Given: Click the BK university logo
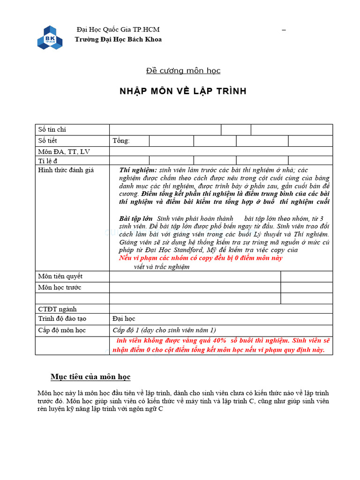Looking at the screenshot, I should pos(50,37).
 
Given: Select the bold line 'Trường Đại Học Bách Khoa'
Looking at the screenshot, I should pos(118,39).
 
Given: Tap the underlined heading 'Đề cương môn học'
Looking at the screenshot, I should pos(183,71).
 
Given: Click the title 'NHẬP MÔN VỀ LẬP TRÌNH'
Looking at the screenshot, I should pos(183,91).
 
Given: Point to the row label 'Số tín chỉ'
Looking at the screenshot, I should pos(55,129).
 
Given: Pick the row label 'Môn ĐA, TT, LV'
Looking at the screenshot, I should pos(63,151).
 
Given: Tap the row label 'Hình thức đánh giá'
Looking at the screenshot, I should pos(66,170).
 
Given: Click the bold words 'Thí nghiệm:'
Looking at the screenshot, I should pos(138,170).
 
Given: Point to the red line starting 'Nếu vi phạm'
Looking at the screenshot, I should pos(201,258).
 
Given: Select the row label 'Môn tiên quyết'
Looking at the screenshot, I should pos(60,276).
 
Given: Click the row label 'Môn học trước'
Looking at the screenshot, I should pos(60,287).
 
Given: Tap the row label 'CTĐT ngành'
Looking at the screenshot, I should pos(57,309).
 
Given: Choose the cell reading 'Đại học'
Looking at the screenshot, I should pos(124,319).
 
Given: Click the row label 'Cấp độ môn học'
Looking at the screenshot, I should pos(62,330).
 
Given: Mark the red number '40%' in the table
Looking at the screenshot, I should pos(217,341).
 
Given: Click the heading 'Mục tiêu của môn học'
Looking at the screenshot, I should pos(90,377).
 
